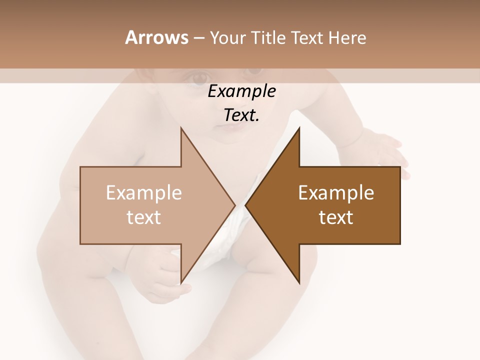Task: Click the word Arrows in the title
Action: pos(156,37)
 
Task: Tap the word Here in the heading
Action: pos(347,37)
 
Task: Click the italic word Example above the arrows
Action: pos(241,91)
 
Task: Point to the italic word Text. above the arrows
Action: pos(241,115)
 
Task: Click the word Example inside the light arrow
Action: pos(144,192)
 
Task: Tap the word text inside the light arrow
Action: pos(144,217)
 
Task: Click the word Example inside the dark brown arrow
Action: pos(336,192)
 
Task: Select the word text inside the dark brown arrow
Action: pos(336,217)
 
